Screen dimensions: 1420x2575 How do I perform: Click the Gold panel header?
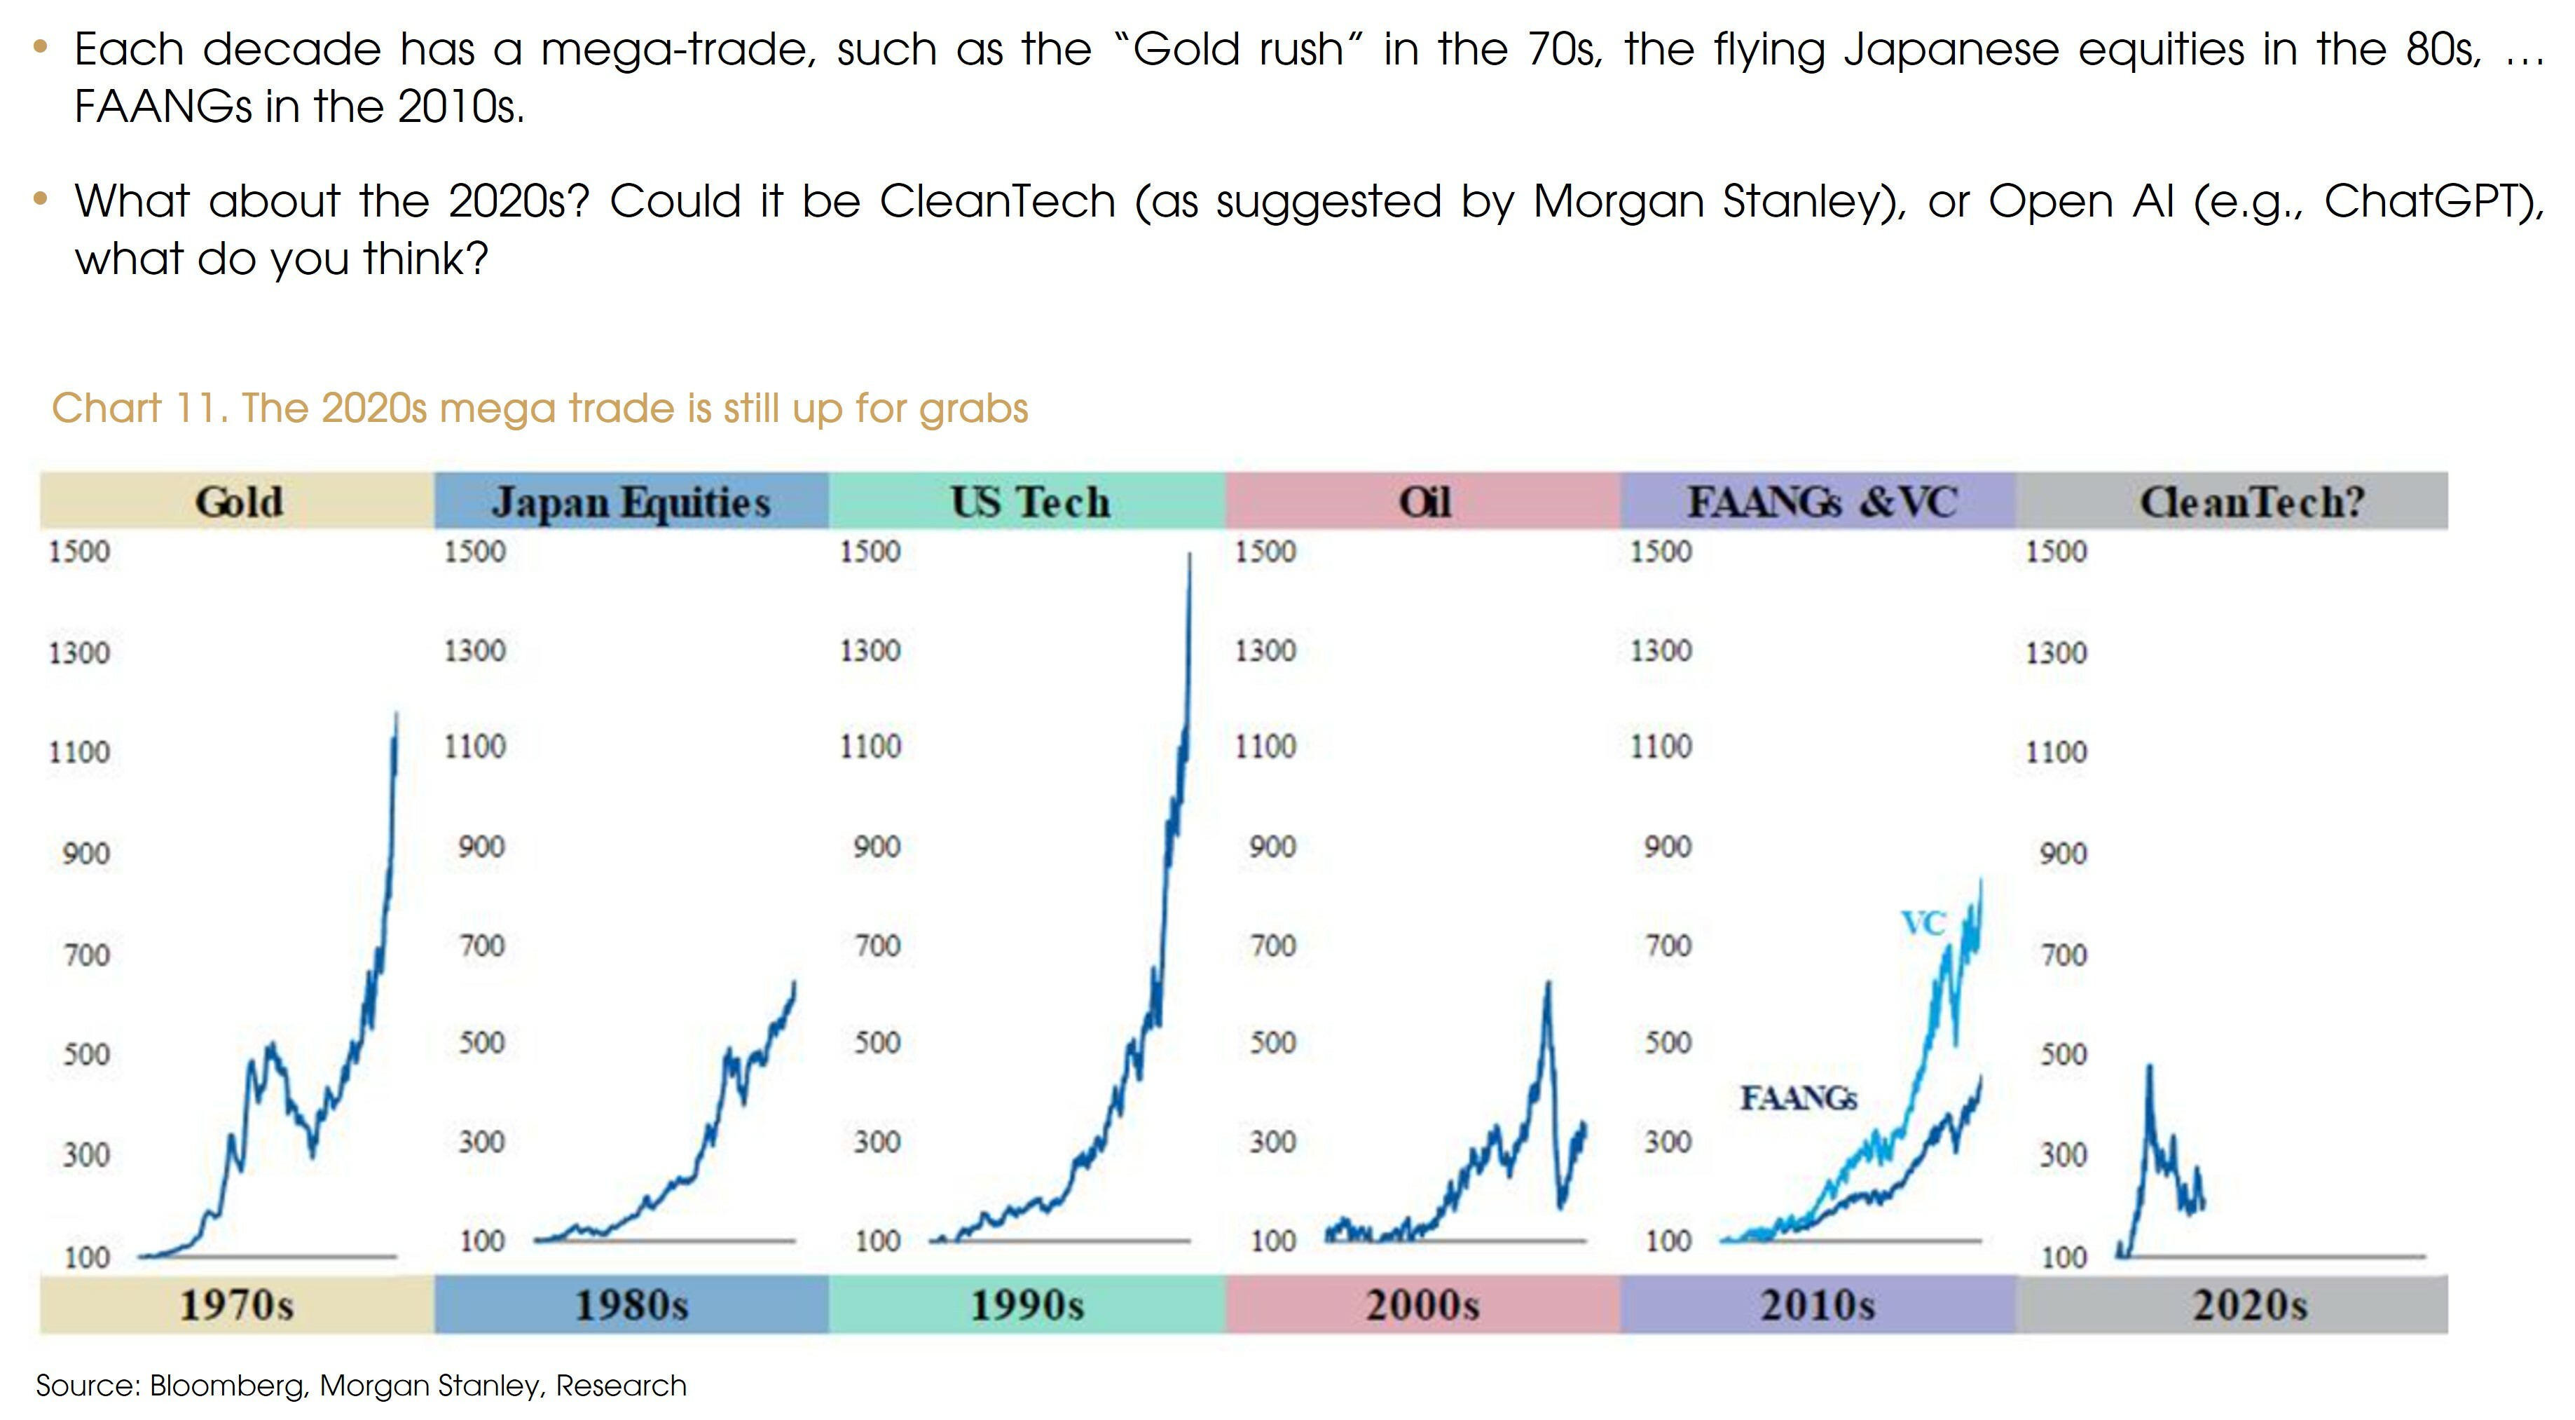(x=239, y=502)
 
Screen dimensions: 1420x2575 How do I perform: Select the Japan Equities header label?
(x=631, y=502)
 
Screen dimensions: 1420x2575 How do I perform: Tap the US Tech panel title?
(x=1029, y=502)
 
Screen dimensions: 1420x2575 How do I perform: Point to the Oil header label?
(x=1424, y=502)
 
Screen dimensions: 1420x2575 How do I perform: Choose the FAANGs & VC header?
(x=1821, y=502)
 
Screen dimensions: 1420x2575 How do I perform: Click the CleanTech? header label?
(x=2251, y=502)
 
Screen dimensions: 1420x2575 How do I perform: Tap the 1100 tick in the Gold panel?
(x=79, y=751)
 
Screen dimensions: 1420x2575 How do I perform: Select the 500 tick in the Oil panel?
(x=1272, y=1042)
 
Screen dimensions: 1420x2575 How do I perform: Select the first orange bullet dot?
(x=40, y=46)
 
